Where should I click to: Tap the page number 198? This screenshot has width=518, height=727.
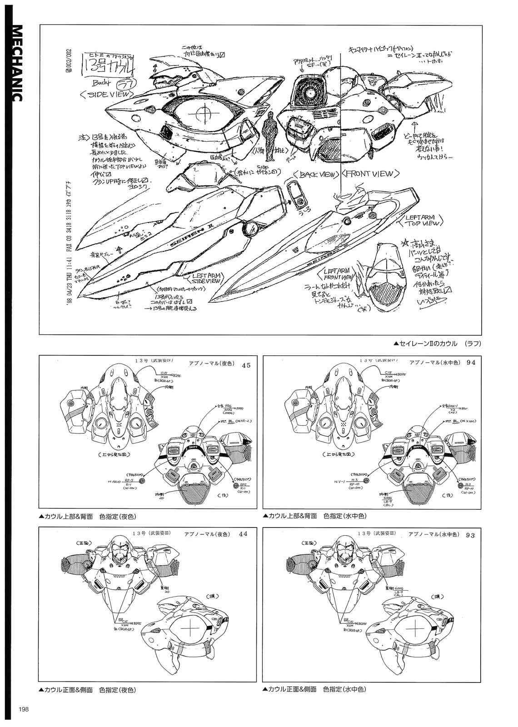pos(24,710)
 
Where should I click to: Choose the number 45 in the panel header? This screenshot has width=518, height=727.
pos(246,365)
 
